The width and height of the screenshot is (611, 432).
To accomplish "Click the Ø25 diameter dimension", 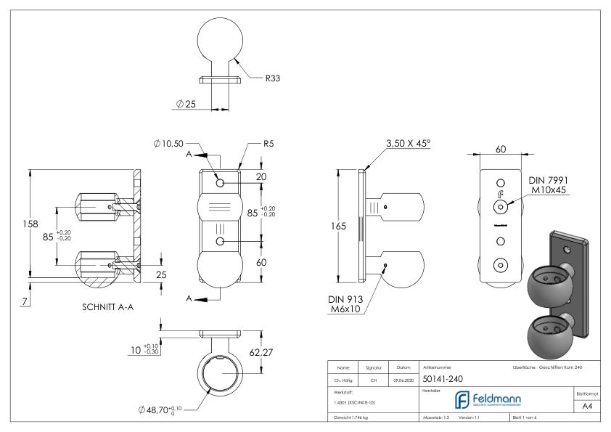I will pos(186,104).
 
